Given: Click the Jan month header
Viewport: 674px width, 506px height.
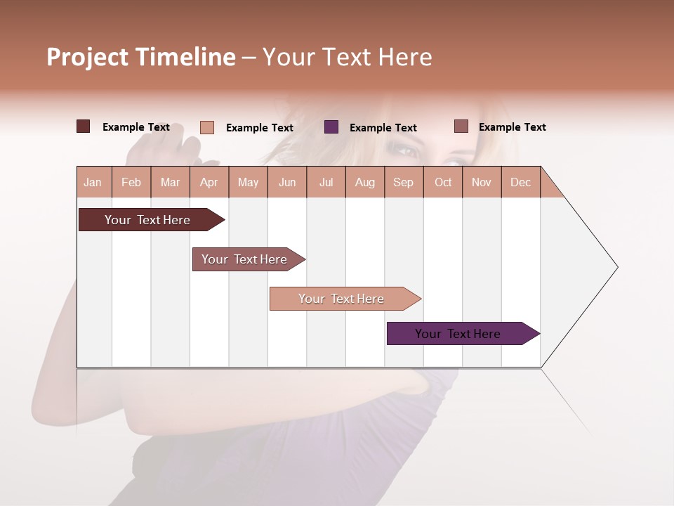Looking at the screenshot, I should pyautogui.click(x=93, y=182).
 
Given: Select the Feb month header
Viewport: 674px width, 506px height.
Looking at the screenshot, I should pyautogui.click(x=131, y=182).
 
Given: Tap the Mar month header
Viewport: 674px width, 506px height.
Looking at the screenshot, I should pyautogui.click(x=170, y=182).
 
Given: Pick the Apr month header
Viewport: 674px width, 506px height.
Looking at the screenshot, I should pyautogui.click(x=209, y=182).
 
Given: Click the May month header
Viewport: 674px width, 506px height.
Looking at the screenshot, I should pyautogui.click(x=248, y=182).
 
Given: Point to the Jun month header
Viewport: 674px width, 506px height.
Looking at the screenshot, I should pyautogui.click(x=287, y=182).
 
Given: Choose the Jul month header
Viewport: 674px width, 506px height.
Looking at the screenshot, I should pyautogui.click(x=326, y=182).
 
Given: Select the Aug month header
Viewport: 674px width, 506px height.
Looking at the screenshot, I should pyautogui.click(x=365, y=182).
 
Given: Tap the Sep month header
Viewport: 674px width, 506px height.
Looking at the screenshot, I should pyautogui.click(x=404, y=182).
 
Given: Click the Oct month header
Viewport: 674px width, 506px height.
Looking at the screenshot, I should pyautogui.click(x=443, y=182).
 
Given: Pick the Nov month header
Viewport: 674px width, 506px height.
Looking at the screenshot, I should pyautogui.click(x=482, y=182).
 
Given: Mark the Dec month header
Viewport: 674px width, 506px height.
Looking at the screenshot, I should pyautogui.click(x=520, y=182).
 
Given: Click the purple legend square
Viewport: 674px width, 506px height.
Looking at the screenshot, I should pyautogui.click(x=331, y=127).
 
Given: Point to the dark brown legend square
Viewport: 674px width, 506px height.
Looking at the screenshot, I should pyautogui.click(x=84, y=126).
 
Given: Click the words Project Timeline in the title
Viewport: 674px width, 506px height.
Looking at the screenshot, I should pyautogui.click(x=141, y=57).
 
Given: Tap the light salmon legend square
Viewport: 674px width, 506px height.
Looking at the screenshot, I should pyautogui.click(x=207, y=127).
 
